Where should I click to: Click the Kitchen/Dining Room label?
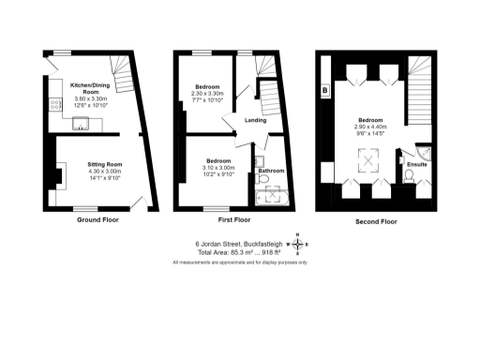pyautogui.click(x=91, y=88)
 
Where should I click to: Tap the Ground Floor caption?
pyautogui.click(x=97, y=221)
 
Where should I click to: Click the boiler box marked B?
pyautogui.click(x=324, y=90)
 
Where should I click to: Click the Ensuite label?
pyautogui.click(x=417, y=165)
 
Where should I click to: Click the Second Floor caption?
pyautogui.click(x=375, y=221)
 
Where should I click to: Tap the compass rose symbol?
pyautogui.click(x=298, y=246)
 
